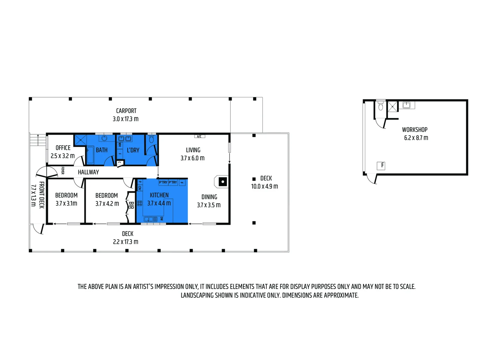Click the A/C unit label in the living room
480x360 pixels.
pyautogui.click(x=199, y=136)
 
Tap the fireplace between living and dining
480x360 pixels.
pyautogui.click(x=222, y=182)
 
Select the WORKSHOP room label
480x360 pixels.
pyautogui.click(x=415, y=130)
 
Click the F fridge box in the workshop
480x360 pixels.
pyautogui.click(x=381, y=165)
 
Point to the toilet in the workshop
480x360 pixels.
pyautogui.click(x=381, y=106)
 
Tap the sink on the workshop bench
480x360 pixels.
pyautogui.click(x=406, y=105)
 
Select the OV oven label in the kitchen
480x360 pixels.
pyautogui.click(x=140, y=188)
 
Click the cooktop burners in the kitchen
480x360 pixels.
pyautogui.click(x=140, y=203)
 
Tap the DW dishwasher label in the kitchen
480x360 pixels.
pyautogui.click(x=162, y=219)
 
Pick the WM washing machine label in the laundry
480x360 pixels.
pyautogui.click(x=120, y=145)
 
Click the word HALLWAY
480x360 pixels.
pyautogui.click(x=88, y=172)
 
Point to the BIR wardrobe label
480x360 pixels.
pyautogui.click(x=131, y=206)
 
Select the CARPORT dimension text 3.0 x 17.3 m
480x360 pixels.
pyautogui.click(x=126, y=119)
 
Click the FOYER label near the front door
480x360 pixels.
pyautogui.click(x=62, y=171)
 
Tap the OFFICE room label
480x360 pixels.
pyautogui.click(x=63, y=148)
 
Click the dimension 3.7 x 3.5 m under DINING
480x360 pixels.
pyautogui.click(x=209, y=205)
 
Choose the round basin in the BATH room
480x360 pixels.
pyautogui.click(x=104, y=138)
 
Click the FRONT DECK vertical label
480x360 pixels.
pyautogui.click(x=42, y=195)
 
